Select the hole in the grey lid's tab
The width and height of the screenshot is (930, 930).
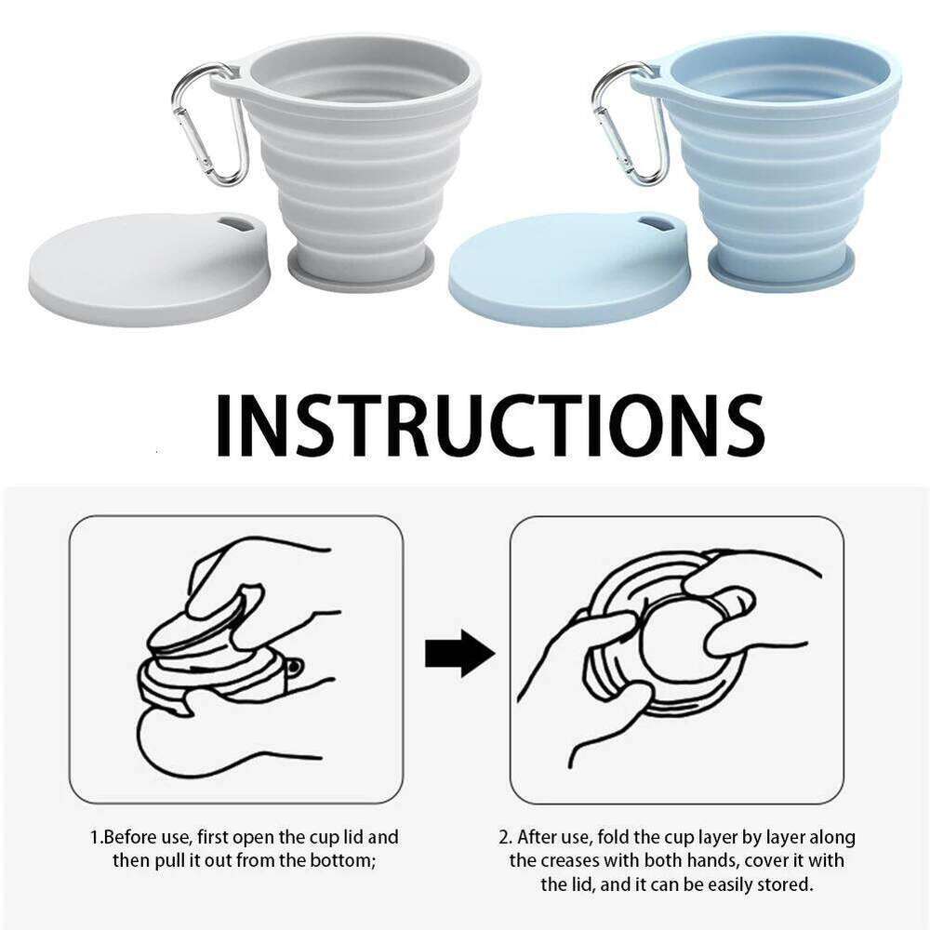(x=236, y=225)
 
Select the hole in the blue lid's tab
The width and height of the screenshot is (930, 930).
(x=657, y=225)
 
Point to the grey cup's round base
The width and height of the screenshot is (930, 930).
(x=360, y=270)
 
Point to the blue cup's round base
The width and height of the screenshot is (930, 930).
(x=780, y=270)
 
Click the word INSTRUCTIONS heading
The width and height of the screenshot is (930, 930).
(x=489, y=425)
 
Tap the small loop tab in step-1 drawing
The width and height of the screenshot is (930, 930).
(x=295, y=668)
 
